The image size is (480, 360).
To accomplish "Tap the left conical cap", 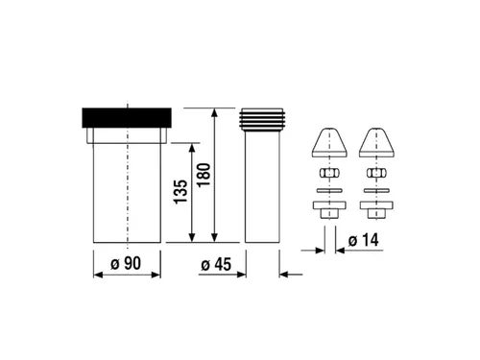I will [x=328, y=142].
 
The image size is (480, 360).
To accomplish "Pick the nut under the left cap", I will [x=328, y=174].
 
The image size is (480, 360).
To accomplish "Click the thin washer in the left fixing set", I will [x=328, y=190].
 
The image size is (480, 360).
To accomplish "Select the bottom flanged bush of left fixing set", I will [x=328, y=208].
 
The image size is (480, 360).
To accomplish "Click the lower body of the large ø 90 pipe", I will [x=126, y=206].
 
